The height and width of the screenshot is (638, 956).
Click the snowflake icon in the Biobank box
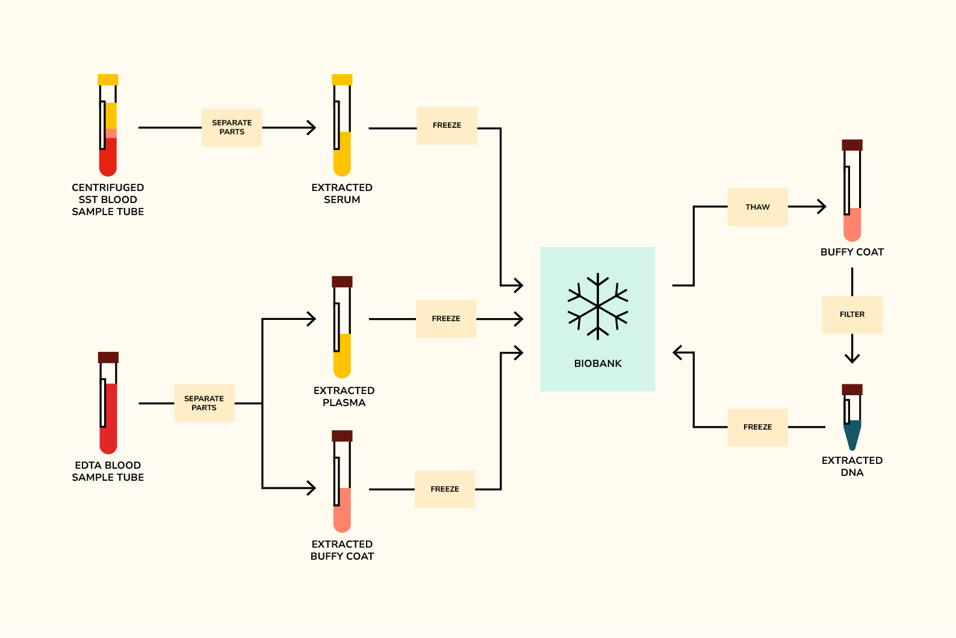[x=598, y=307]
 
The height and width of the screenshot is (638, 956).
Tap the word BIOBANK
[x=598, y=363]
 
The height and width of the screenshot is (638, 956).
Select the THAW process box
[x=757, y=207]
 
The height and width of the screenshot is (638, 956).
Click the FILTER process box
[x=852, y=314]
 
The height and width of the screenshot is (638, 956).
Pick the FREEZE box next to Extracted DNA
[x=757, y=427]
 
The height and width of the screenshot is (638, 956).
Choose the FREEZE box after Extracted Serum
[x=447, y=125]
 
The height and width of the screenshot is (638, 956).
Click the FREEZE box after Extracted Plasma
[x=446, y=319]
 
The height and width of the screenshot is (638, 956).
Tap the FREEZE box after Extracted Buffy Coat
[x=445, y=489]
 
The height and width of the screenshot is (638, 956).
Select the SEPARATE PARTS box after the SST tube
[x=232, y=127]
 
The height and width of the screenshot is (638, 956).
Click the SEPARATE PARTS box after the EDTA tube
[x=204, y=403]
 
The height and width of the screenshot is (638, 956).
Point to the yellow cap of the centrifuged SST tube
[x=108, y=80]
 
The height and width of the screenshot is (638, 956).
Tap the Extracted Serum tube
[x=342, y=130]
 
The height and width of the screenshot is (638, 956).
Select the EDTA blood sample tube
[x=108, y=407]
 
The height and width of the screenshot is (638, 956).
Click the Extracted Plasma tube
[x=342, y=331]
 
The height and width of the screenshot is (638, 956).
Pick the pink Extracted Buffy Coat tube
[x=342, y=485]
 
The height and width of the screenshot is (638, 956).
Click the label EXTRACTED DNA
[x=852, y=466]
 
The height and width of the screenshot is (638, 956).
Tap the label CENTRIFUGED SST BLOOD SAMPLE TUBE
[x=108, y=199]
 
